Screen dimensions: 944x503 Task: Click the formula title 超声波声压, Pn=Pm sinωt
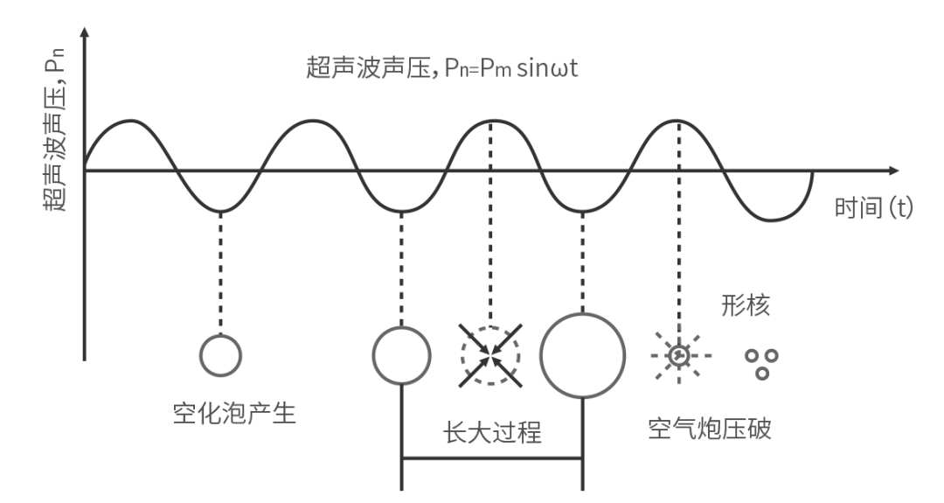point(442,66)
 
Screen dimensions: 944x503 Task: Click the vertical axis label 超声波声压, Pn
point(54,131)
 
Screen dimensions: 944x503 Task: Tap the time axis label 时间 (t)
point(873,208)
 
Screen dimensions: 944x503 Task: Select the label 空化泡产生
point(234,414)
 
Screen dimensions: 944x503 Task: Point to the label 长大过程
point(492,432)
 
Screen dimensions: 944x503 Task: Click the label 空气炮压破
point(710,429)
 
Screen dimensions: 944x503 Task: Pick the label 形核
point(746,305)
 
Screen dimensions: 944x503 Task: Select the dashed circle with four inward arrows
point(490,356)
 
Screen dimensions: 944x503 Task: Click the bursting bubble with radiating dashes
point(679,355)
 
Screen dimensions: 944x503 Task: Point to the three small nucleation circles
point(761,364)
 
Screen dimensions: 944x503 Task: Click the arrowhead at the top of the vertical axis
point(85,31)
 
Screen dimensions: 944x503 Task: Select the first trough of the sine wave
point(221,212)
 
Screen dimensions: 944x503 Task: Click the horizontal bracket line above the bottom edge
point(492,458)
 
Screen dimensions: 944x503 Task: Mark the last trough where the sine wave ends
point(771,220)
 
